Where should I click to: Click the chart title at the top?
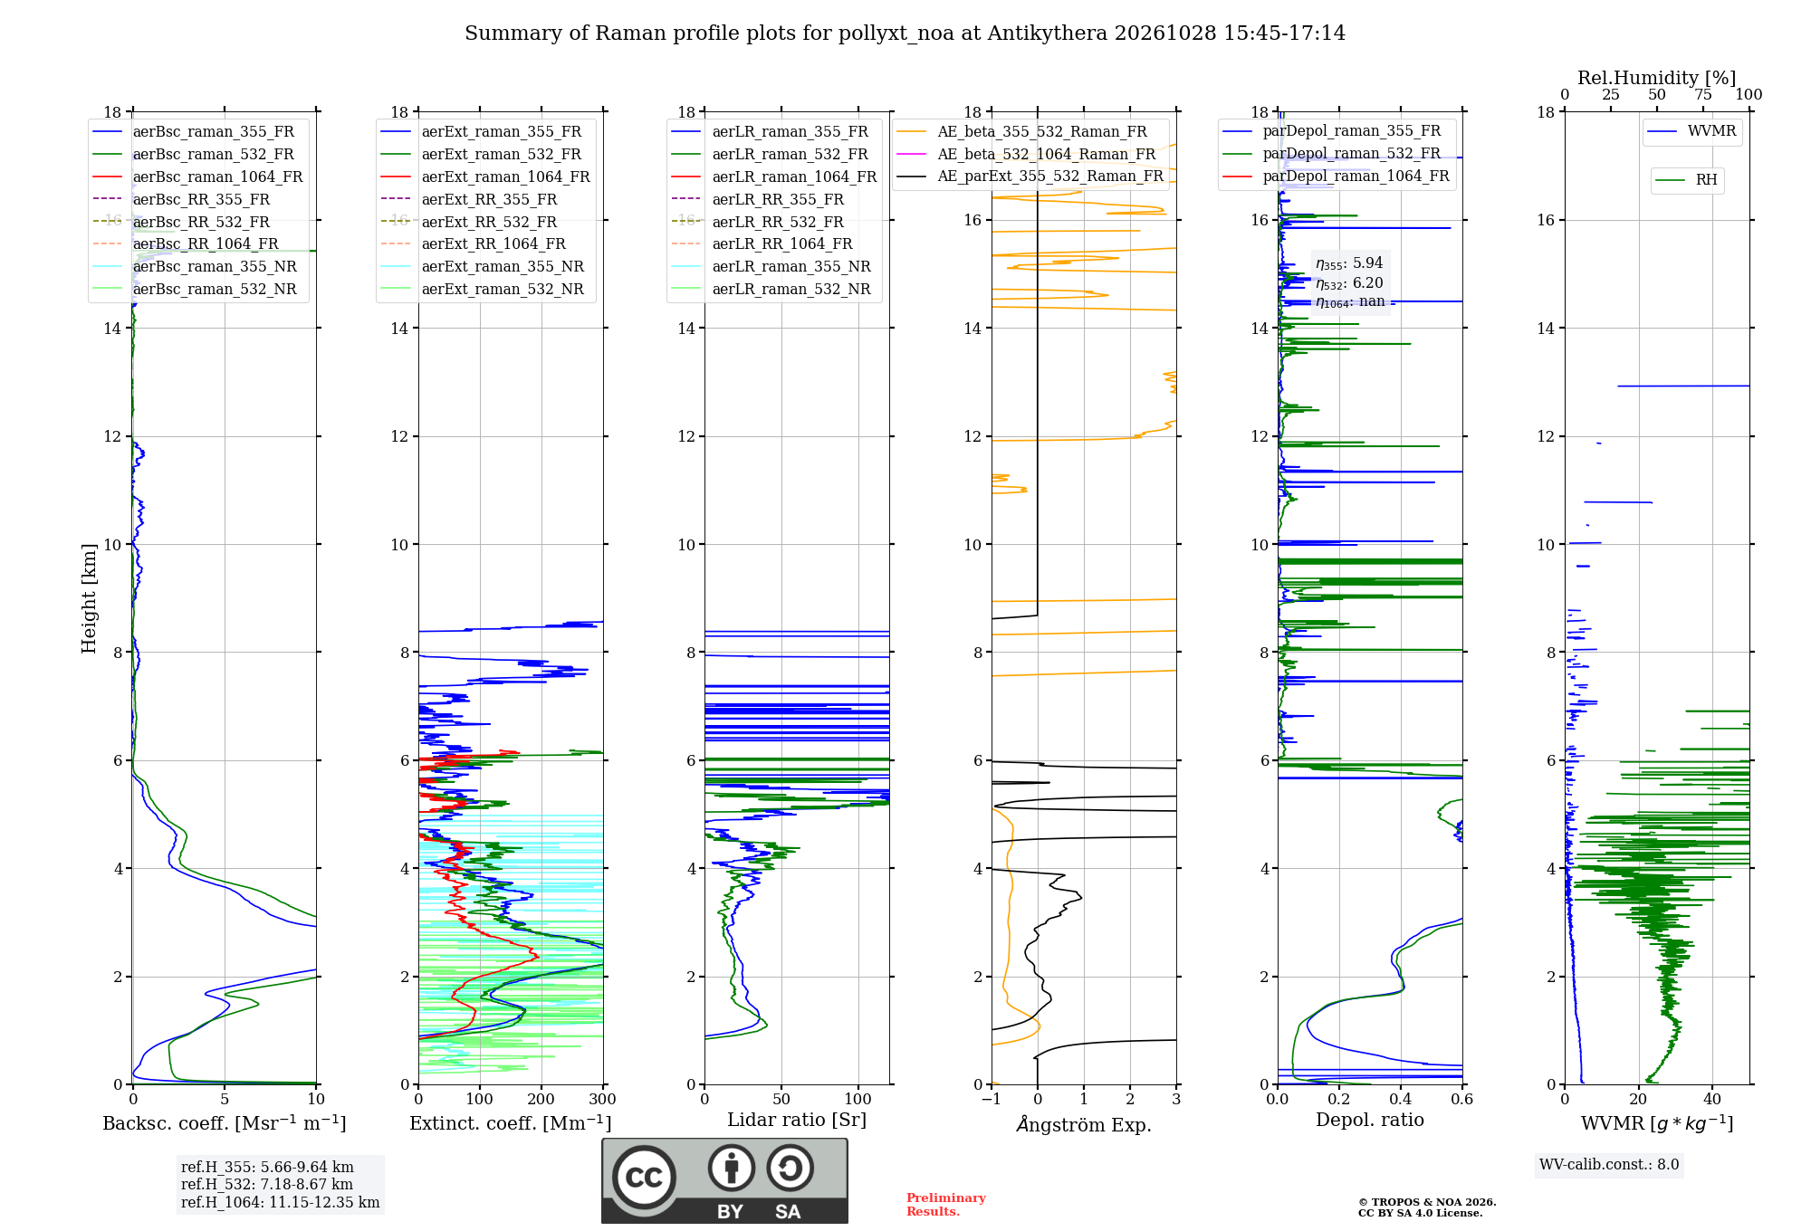[905, 33]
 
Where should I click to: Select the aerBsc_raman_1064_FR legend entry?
[197, 177]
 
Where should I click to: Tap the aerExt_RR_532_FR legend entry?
[469, 222]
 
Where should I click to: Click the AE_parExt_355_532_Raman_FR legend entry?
[1030, 176]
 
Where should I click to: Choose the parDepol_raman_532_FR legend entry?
[1332, 153]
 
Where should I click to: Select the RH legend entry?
[1687, 180]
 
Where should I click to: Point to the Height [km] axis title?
[89, 598]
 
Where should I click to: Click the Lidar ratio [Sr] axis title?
[797, 1120]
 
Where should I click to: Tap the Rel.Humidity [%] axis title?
[1657, 78]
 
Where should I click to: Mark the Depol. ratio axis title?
[1370, 1120]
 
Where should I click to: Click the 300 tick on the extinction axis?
[603, 1099]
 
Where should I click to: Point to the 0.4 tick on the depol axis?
[1401, 1099]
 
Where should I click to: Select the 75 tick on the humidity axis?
[1703, 94]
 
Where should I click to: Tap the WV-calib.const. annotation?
[1609, 1165]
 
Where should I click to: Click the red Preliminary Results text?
[946, 1205]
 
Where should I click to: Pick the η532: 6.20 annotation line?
[1349, 283]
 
